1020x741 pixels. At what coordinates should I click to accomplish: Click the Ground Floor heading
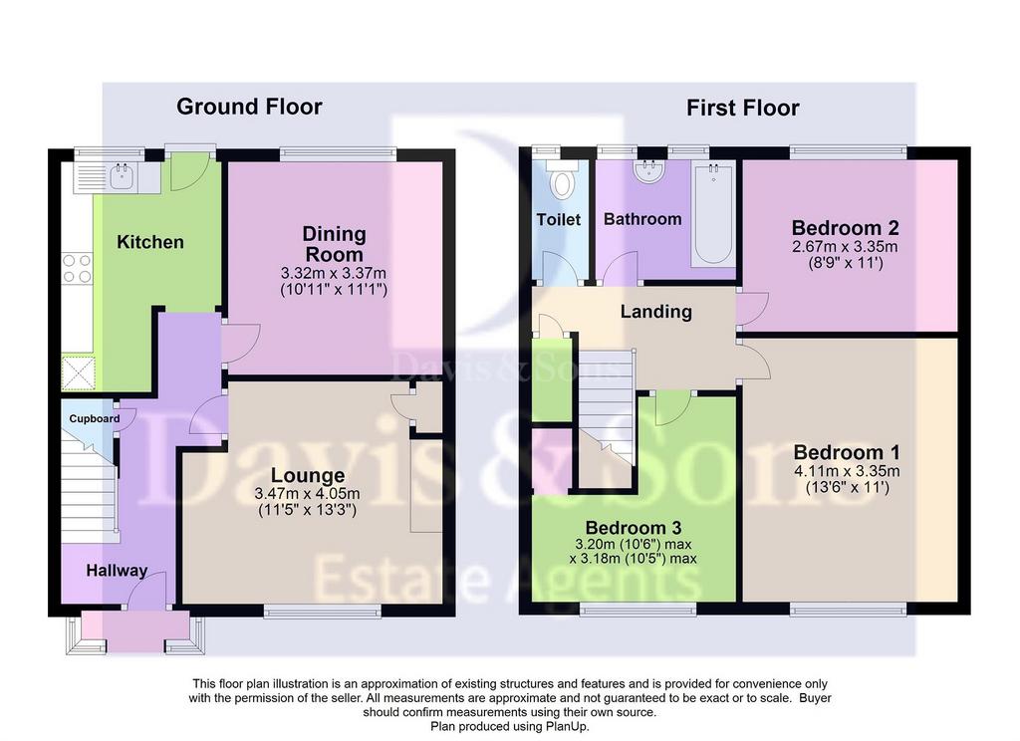249,107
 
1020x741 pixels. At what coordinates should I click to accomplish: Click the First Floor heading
743,108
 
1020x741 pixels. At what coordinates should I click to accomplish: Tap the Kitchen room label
150,242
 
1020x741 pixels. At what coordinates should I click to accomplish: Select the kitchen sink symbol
121,174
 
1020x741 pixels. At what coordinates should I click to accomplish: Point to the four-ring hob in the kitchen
77,268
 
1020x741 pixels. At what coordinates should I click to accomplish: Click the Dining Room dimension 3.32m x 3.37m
334,273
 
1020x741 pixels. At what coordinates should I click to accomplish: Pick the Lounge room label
308,475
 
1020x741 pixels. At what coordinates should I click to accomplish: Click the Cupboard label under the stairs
95,419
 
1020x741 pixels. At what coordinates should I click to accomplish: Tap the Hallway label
118,571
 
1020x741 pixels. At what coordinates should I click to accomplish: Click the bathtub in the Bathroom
713,213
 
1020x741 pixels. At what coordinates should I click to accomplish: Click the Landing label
655,312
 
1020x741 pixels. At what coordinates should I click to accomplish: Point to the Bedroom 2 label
845,228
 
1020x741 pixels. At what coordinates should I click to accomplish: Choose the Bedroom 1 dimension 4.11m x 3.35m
847,471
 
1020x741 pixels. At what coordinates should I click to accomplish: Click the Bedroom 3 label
634,528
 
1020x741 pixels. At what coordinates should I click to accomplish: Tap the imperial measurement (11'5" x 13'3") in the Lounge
307,510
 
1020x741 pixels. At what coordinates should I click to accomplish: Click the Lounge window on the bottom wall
323,611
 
